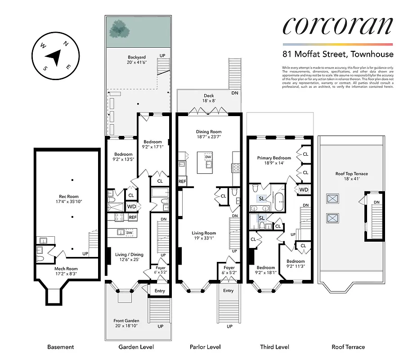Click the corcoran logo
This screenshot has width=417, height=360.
coord(337,27)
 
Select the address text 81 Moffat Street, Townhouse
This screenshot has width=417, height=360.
coord(337,54)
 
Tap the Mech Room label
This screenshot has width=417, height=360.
coord(67,271)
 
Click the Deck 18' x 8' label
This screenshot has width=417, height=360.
coord(209,98)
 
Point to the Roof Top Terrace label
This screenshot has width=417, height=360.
coord(351,176)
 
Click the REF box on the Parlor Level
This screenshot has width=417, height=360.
coord(182,181)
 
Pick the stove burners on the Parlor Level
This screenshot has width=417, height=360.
coord(237,167)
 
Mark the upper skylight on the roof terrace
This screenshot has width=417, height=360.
coord(333,198)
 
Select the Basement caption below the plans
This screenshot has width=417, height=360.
coord(60,347)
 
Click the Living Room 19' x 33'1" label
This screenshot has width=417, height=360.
coord(204,236)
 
